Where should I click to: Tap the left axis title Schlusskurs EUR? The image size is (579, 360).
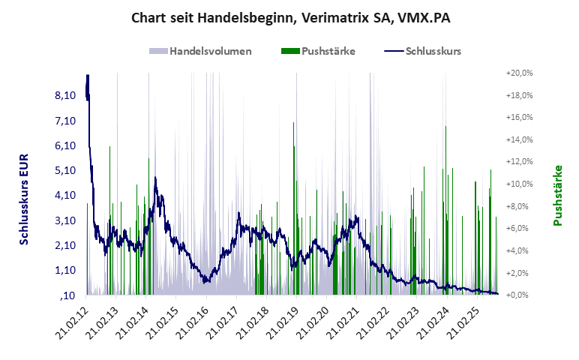[x=24, y=196]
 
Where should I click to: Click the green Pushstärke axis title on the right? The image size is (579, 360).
[x=558, y=196]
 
